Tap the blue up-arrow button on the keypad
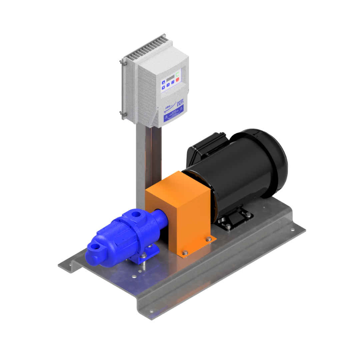pos(163,82)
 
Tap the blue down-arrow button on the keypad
pos(163,88)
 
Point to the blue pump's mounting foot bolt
pos(143,256)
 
